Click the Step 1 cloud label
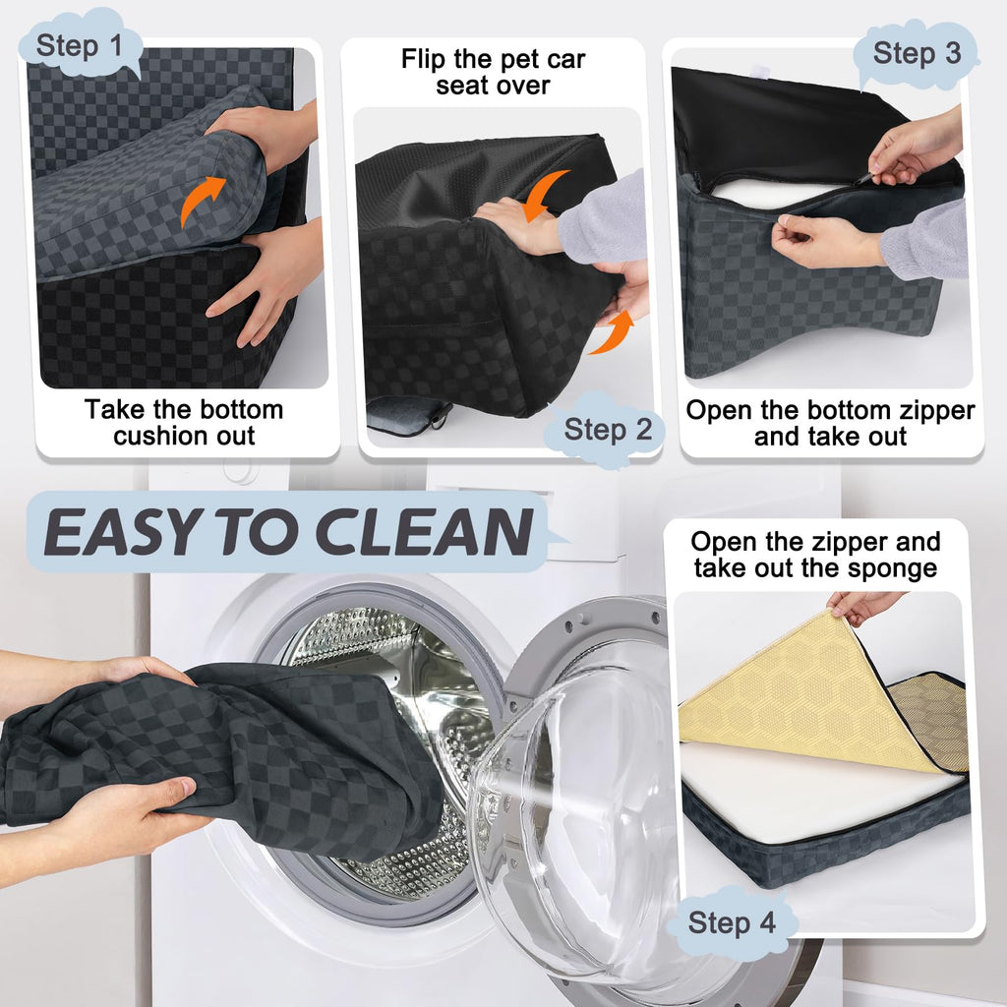[80, 45]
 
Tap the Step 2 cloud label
[606, 429]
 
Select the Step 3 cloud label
[917, 53]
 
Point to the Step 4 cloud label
[732, 922]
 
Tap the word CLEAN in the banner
[425, 532]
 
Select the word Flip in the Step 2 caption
[425, 59]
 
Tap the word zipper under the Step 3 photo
[937, 411]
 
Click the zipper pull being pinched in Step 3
[866, 177]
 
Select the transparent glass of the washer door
[571, 802]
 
